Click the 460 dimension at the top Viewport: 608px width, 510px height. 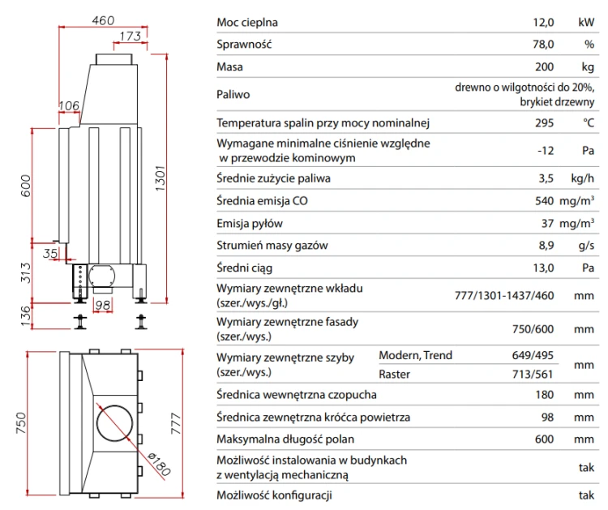[103, 20]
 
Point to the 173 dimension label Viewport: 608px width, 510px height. [130, 36]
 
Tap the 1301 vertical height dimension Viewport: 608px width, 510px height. [161, 178]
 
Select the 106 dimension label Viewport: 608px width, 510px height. [69, 105]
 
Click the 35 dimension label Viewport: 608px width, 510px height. [50, 253]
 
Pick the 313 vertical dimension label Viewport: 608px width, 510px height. [25, 272]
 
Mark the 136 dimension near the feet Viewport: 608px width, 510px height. [25, 316]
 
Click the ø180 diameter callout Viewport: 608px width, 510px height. [160, 464]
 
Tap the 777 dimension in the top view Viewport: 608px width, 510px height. [176, 423]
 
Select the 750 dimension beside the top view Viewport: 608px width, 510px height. [21, 422]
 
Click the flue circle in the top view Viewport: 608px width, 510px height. [114, 423]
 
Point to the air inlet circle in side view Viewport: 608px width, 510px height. [102, 276]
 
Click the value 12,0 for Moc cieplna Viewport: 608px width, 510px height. [543, 22]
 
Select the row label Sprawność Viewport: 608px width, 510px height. [244, 45]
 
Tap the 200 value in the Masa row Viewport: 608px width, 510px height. [545, 66]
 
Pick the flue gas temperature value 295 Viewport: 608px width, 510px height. [545, 123]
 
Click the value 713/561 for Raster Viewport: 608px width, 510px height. [533, 375]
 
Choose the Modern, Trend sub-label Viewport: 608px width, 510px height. [415, 355]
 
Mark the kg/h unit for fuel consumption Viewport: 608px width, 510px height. [582, 178]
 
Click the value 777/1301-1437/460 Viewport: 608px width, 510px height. [504, 295]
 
